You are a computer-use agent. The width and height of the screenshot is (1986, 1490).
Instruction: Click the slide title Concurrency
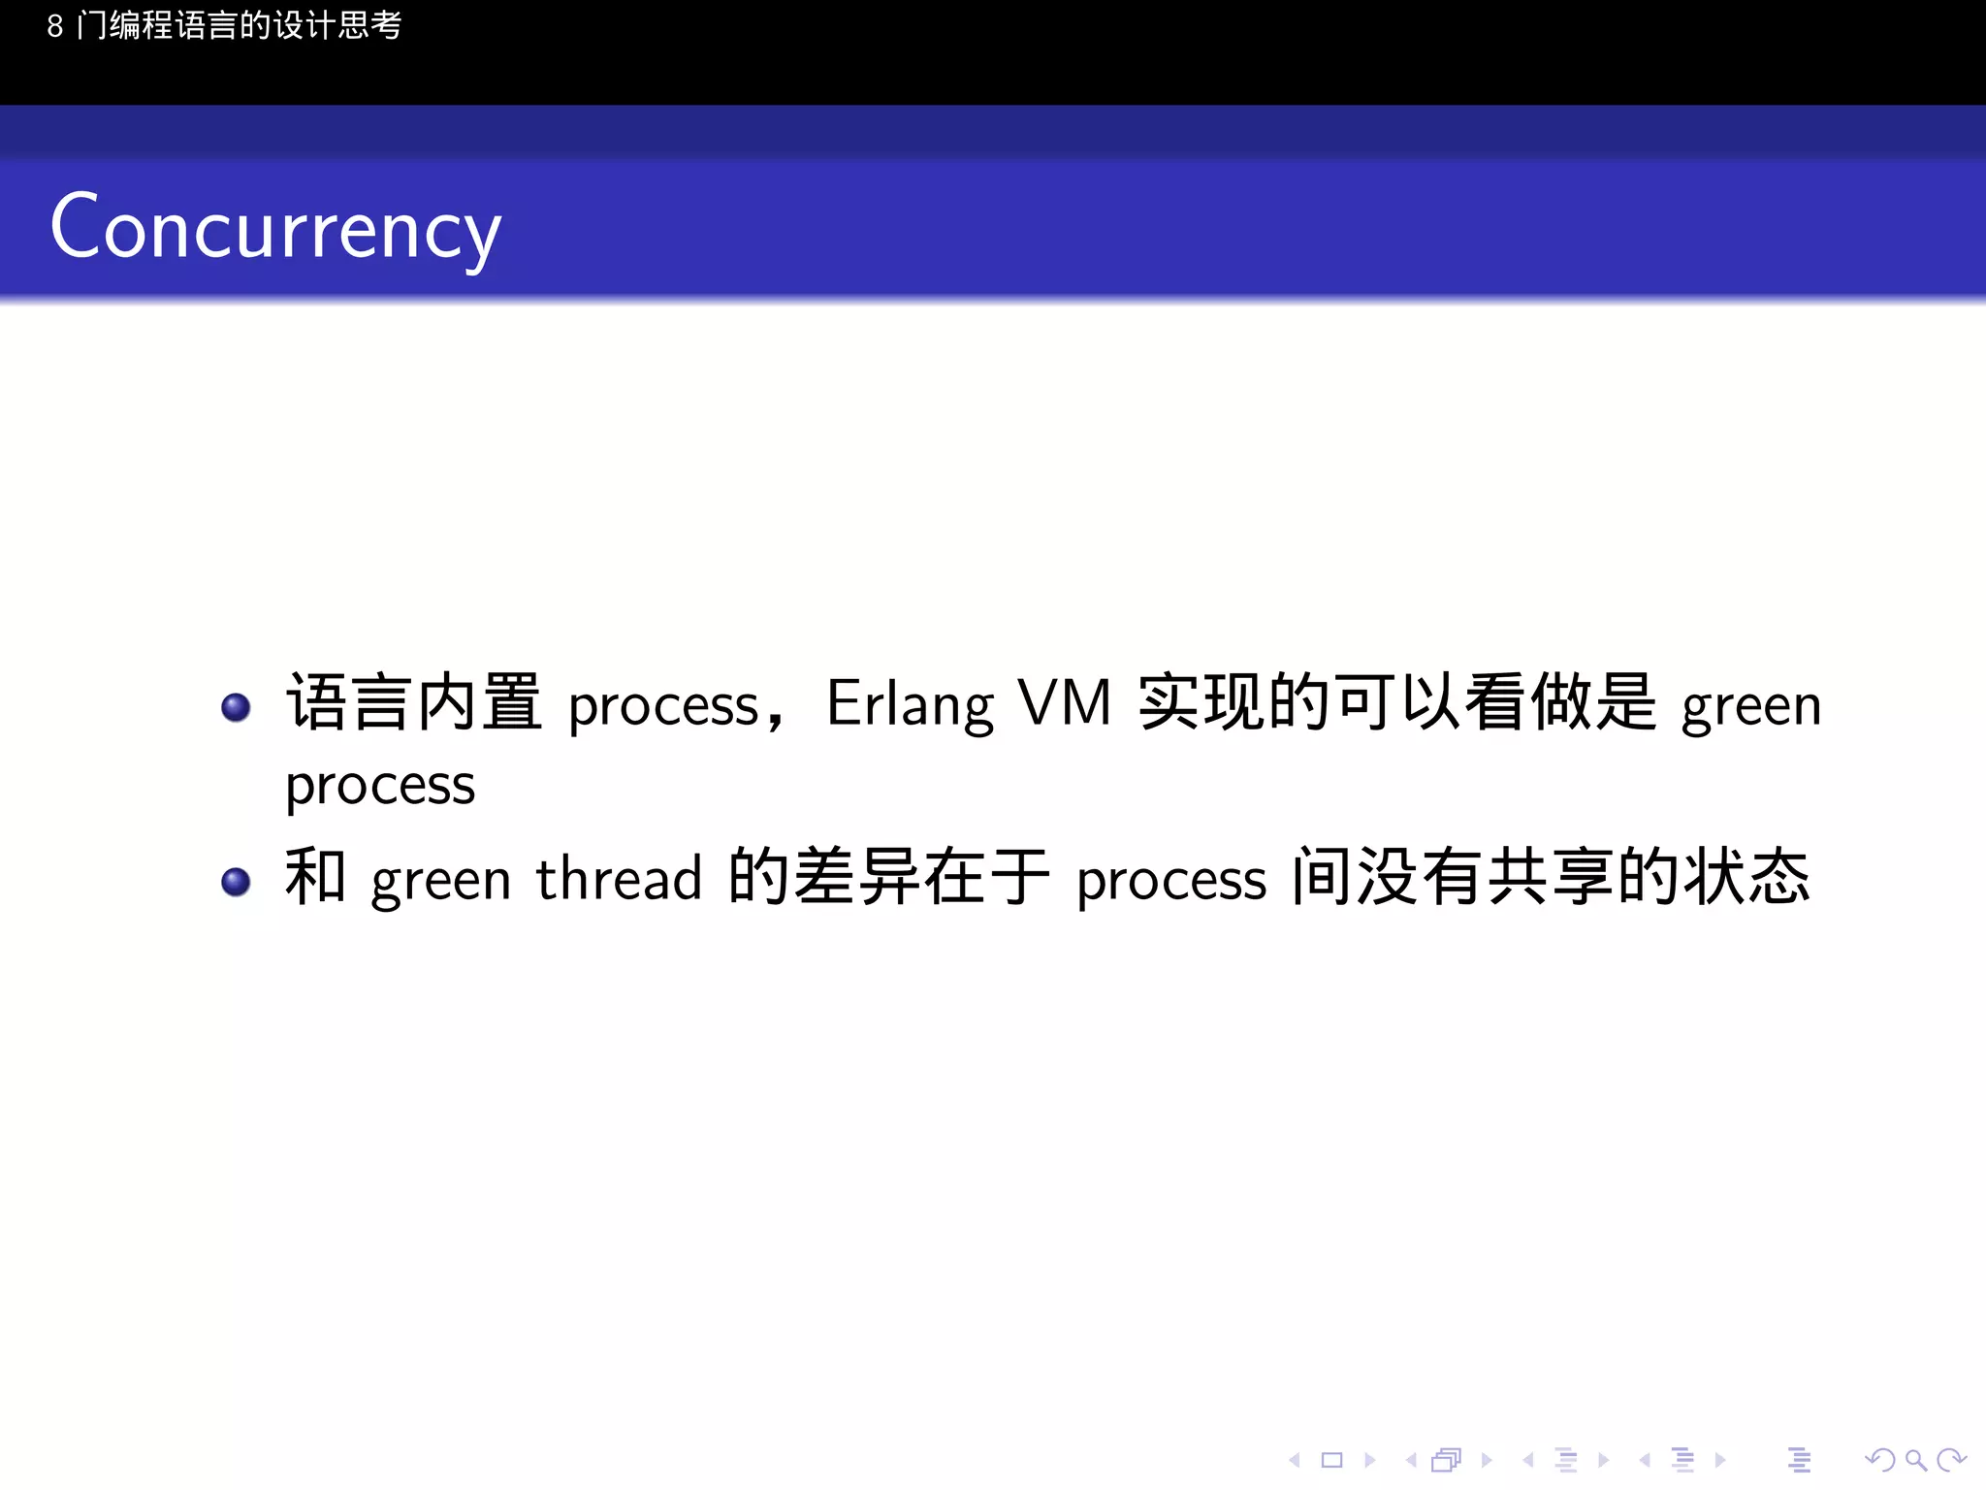coord(275,229)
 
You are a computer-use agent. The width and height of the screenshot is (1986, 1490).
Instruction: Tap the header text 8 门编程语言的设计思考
coord(224,25)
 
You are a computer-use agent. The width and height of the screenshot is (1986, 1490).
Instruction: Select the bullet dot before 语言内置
coord(236,707)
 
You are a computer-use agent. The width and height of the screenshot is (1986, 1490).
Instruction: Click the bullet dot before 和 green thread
coord(236,882)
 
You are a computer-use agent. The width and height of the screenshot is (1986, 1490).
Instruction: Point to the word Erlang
coord(910,704)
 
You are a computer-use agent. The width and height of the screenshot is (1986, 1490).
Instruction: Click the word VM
coord(1064,702)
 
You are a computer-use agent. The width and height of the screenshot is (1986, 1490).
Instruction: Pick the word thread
coord(619,879)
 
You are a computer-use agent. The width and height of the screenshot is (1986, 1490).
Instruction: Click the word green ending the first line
coord(1750,706)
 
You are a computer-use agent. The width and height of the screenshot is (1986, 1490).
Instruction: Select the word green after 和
coord(441,881)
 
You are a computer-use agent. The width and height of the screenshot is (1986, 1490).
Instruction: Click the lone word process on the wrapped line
coord(380,786)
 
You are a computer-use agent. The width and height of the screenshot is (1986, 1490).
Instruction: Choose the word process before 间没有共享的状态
coord(1171,881)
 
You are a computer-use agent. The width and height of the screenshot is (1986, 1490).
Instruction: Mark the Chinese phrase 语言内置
coord(414,702)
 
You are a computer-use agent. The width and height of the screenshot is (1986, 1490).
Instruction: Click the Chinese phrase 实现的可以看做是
coord(1396,702)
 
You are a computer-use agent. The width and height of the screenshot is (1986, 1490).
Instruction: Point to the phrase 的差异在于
coord(888,877)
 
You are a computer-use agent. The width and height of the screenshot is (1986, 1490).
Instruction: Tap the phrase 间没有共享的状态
coord(1551,877)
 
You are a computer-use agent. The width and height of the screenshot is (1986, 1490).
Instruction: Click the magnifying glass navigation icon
coord(1915,1460)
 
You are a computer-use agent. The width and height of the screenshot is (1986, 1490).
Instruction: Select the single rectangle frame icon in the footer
coord(1331,1460)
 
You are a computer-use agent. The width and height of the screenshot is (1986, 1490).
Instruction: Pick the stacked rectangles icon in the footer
coord(1446,1460)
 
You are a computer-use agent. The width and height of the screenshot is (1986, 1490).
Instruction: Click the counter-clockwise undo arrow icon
coord(1879,1460)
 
